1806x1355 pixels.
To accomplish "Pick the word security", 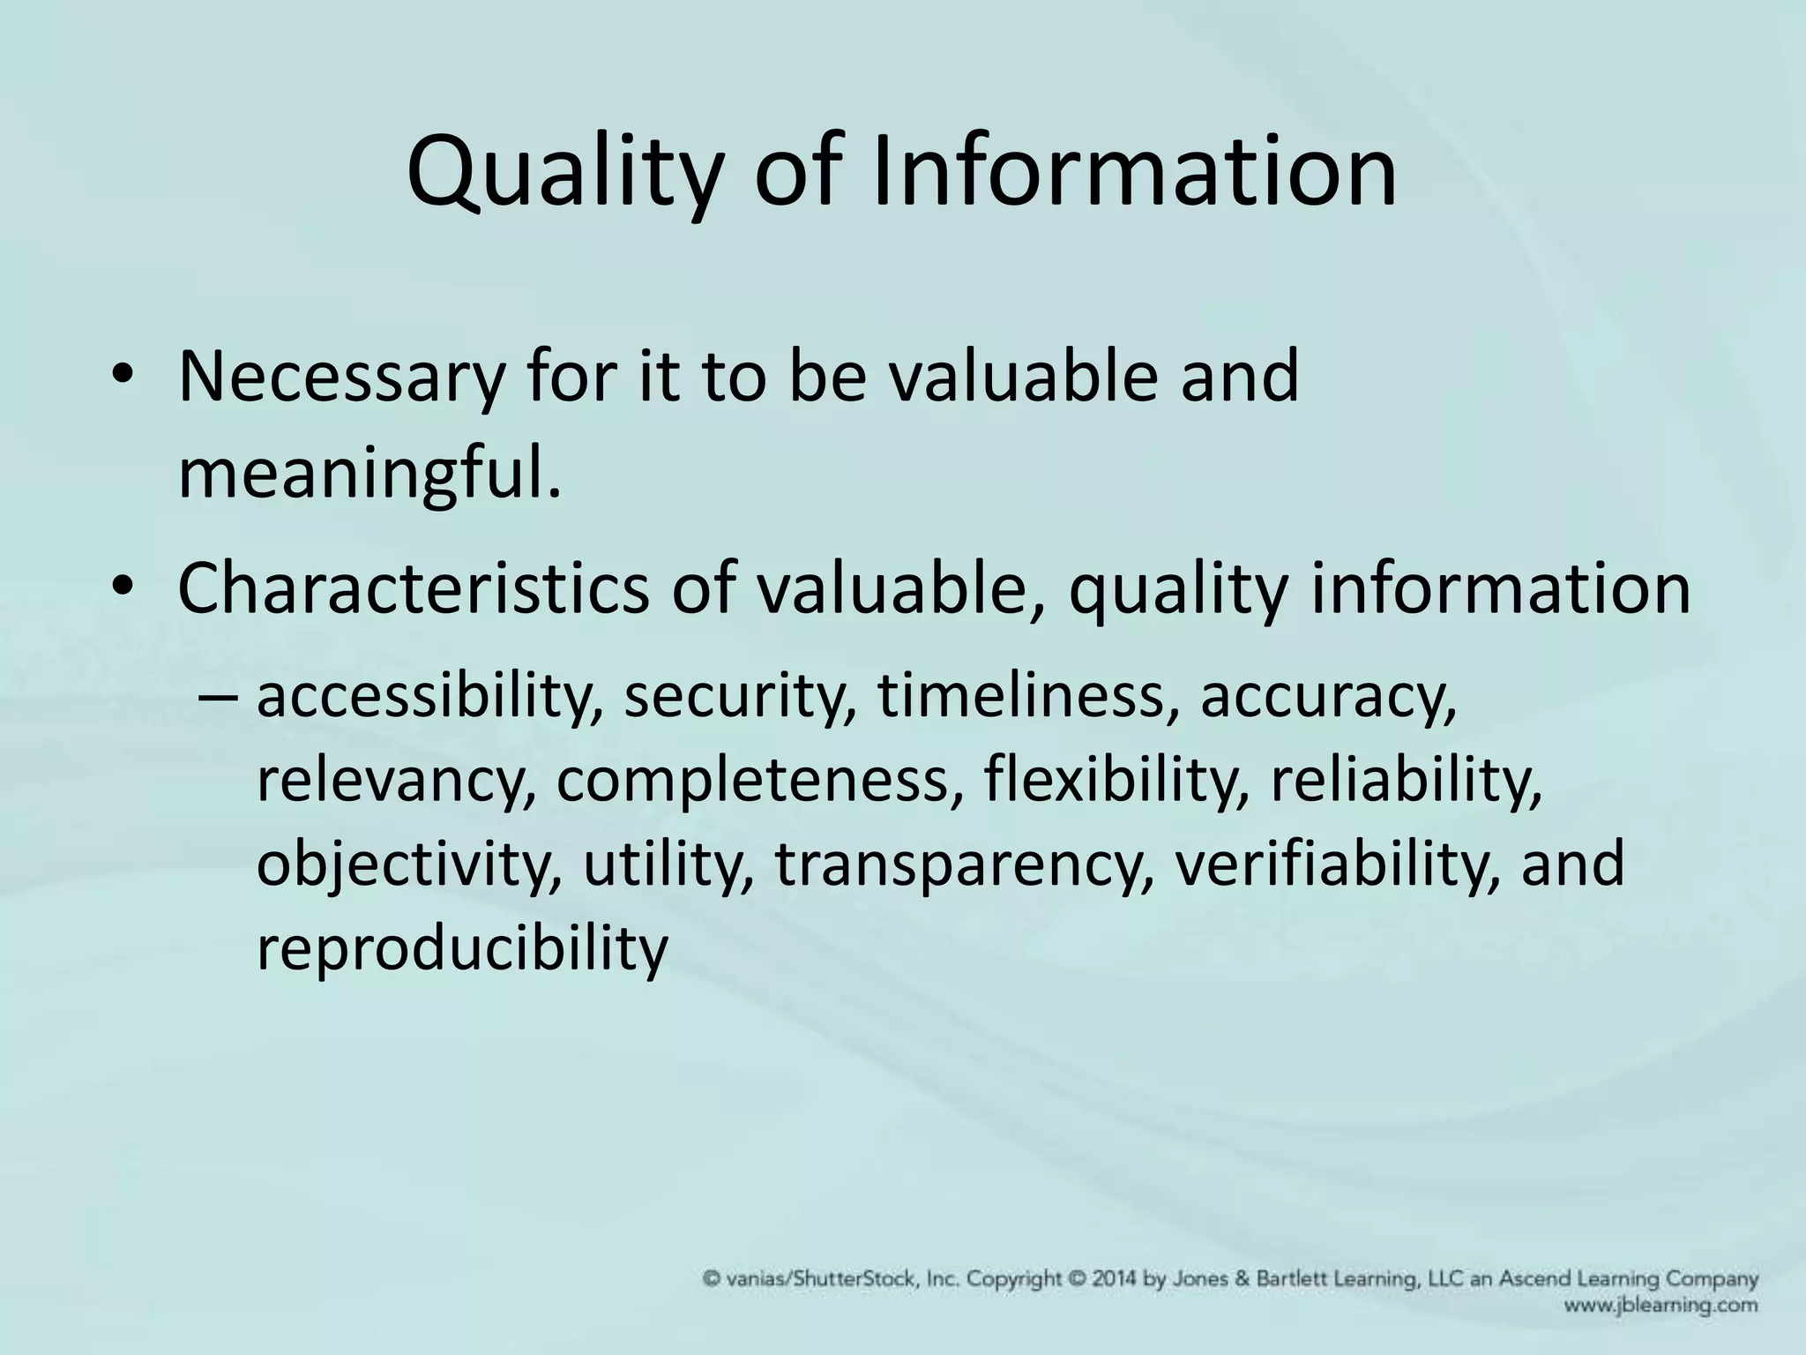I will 739,697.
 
